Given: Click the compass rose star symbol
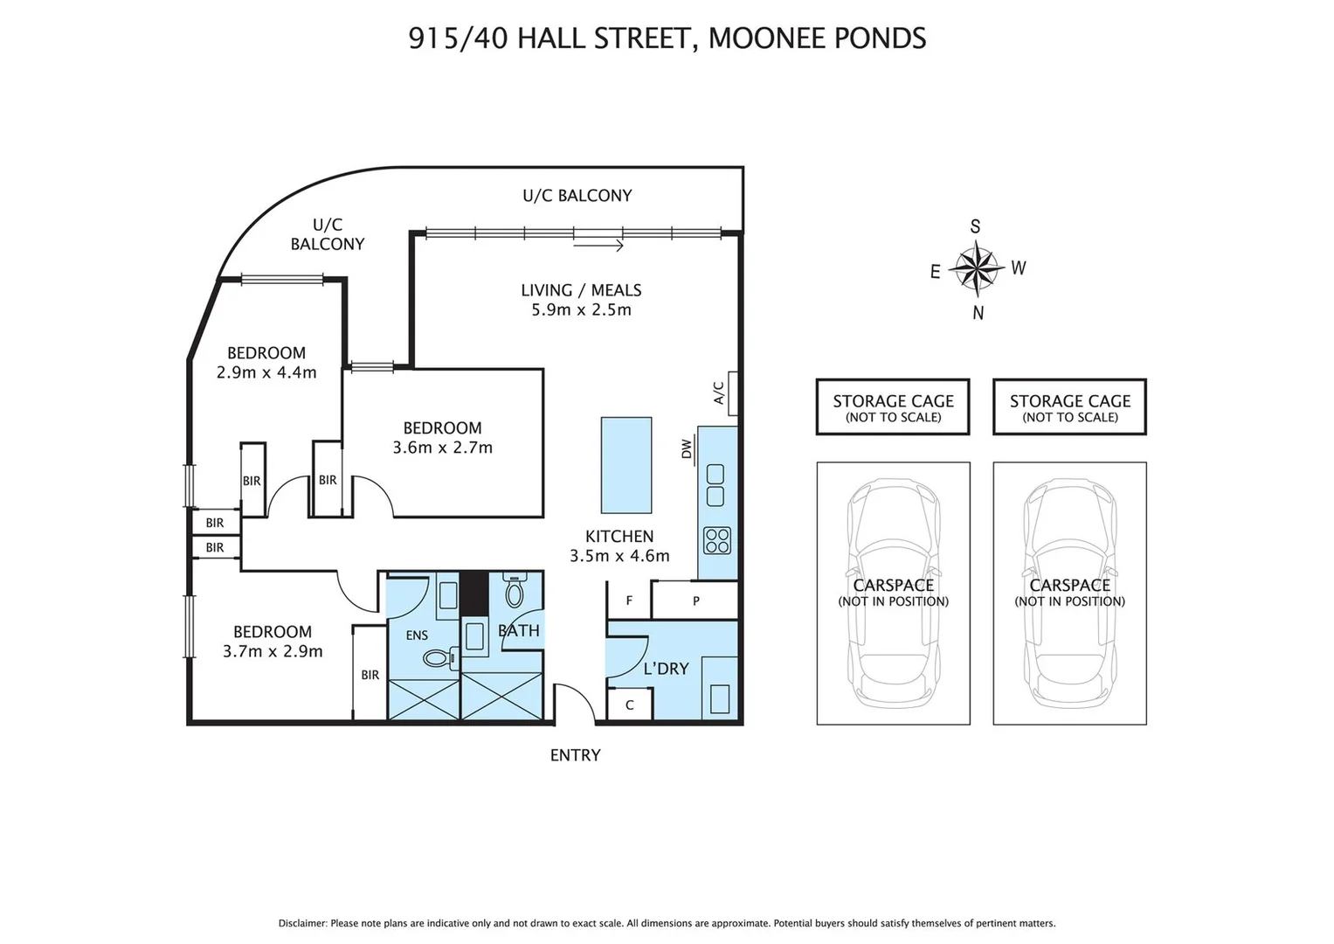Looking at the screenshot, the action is point(977,269).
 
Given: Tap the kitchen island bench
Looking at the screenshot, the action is point(626,465).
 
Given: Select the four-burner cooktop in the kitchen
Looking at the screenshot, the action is point(717,540).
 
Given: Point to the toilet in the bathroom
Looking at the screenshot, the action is point(514,590).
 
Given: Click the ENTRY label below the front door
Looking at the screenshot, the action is point(576,755).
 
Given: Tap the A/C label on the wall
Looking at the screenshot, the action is point(719,392).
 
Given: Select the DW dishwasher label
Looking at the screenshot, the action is point(686,448).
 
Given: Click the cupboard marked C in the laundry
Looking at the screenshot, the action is point(630,705).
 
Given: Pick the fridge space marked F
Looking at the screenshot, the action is point(629,600).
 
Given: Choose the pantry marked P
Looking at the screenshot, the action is point(695,600).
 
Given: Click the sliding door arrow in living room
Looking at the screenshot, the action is point(598,245).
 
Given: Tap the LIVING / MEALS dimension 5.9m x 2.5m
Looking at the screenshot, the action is point(581,310).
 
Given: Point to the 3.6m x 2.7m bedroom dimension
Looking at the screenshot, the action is point(443,448).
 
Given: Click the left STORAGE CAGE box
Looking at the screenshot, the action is point(893,407).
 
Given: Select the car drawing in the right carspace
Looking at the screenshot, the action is point(1069,593).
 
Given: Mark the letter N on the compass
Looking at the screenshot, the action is point(978,313).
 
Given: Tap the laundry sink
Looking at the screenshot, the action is point(720,699).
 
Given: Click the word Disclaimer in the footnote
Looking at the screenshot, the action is point(303,923).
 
